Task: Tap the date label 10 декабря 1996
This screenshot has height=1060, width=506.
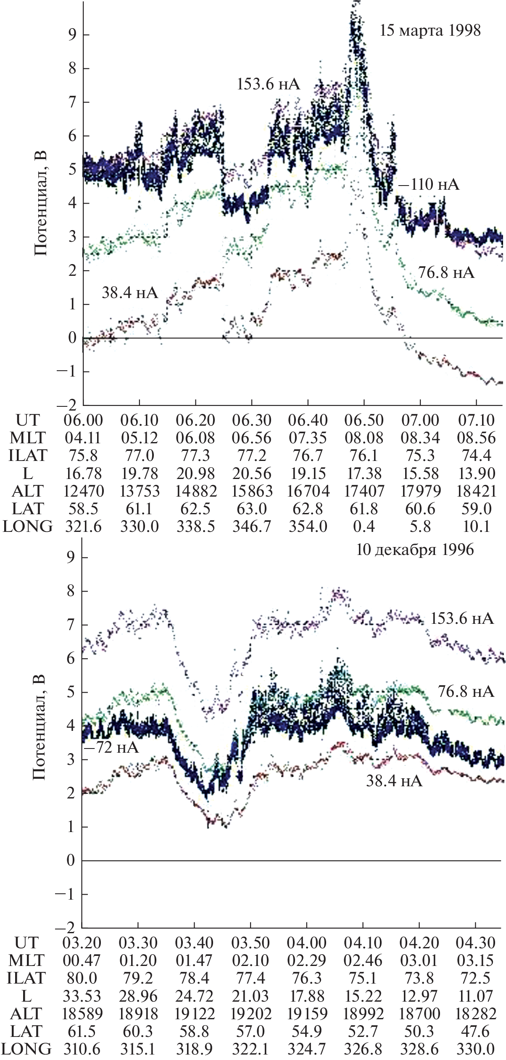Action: [x=415, y=550]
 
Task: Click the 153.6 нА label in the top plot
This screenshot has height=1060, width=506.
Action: [x=269, y=84]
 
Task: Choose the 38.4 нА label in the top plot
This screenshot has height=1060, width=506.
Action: [x=129, y=293]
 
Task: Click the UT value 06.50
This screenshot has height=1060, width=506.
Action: [x=364, y=420]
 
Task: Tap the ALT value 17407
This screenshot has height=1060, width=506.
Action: [x=364, y=491]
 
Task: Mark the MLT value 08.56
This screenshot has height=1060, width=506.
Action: [x=476, y=438]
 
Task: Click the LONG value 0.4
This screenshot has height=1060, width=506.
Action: [x=364, y=526]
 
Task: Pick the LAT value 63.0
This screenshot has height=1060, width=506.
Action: [x=252, y=508]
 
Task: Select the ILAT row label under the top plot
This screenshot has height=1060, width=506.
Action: [x=26, y=455]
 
